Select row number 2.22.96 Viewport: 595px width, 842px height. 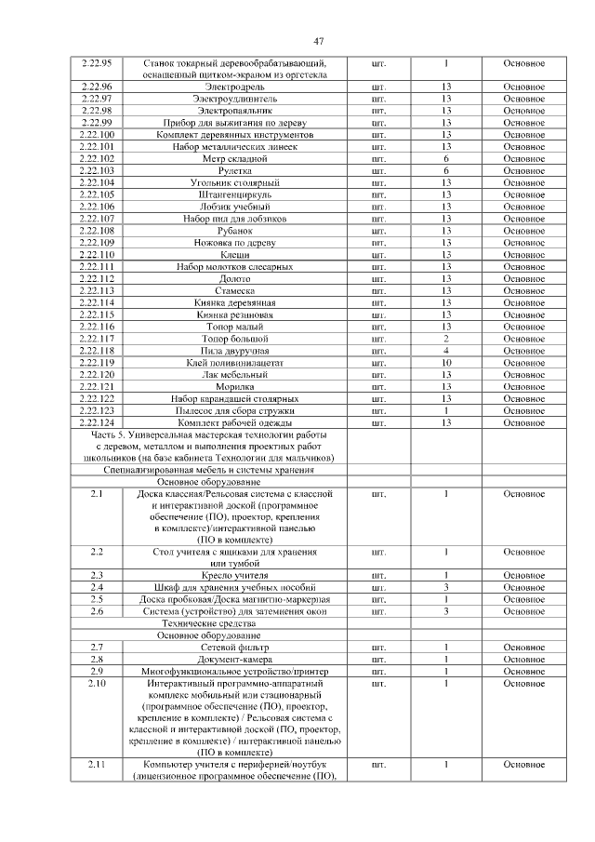pos(96,86)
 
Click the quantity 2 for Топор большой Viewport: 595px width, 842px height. pos(446,339)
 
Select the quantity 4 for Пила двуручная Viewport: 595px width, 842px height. pos(446,351)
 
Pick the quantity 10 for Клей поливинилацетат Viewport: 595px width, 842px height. pos(446,363)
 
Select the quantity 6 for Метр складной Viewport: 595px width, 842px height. pos(446,158)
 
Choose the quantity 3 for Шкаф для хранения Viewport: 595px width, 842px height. pos(446,587)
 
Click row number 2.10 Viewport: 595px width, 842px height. pos(96,684)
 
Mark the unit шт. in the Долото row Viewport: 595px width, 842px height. pos(378,278)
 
